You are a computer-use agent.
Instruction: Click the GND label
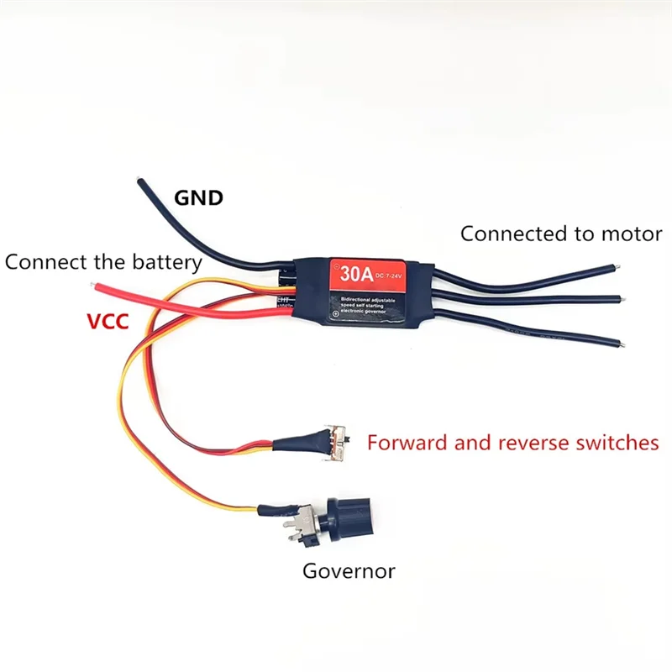point(198,198)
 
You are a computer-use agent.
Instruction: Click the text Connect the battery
point(103,262)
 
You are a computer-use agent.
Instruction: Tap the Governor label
point(349,572)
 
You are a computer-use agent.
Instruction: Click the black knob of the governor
point(348,513)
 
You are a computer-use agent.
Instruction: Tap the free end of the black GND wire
point(139,179)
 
